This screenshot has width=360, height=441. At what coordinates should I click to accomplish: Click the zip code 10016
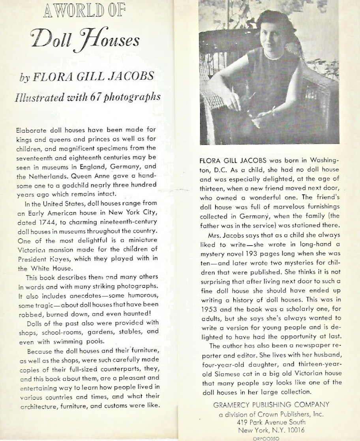291,430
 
